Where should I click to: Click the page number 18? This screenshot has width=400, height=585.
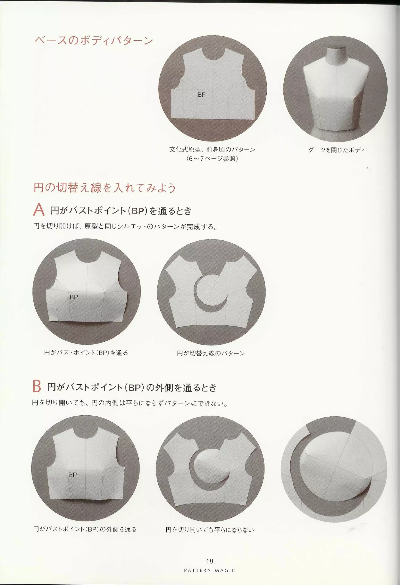tap(209, 561)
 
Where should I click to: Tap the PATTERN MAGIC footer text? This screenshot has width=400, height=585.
tap(209, 570)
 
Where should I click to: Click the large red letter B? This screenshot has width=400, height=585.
tap(37, 386)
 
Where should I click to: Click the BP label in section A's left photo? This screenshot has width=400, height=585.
tap(74, 297)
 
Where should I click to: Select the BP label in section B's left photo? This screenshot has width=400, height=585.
tap(72, 475)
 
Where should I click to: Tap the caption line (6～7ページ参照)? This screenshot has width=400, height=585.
tap(212, 159)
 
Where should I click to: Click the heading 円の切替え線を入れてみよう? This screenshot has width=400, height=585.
tap(104, 188)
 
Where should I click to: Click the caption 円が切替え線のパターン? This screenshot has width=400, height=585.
tap(211, 353)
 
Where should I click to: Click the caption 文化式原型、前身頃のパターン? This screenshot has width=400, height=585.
tap(212, 150)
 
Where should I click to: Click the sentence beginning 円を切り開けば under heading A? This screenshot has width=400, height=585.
tap(125, 227)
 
